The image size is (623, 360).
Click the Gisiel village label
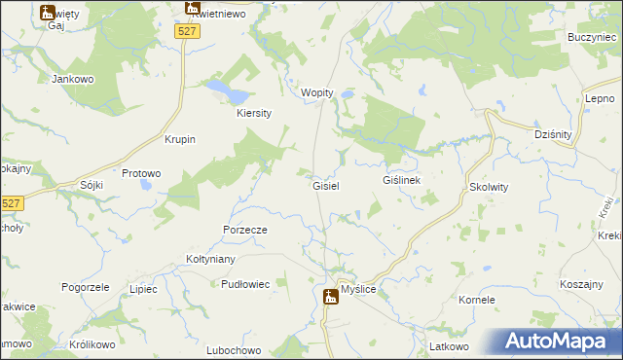coord(324,185)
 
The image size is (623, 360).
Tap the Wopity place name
coord(317,92)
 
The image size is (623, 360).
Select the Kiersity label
coord(253,113)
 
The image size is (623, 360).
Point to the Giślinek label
coord(401,181)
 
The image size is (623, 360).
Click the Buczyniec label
coord(588,36)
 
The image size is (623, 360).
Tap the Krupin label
coord(181,139)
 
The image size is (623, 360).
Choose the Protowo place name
coord(141,173)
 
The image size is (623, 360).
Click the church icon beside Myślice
coord(330,297)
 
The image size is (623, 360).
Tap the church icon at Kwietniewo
coord(192,9)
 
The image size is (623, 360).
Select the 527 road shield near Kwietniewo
coord(188,32)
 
